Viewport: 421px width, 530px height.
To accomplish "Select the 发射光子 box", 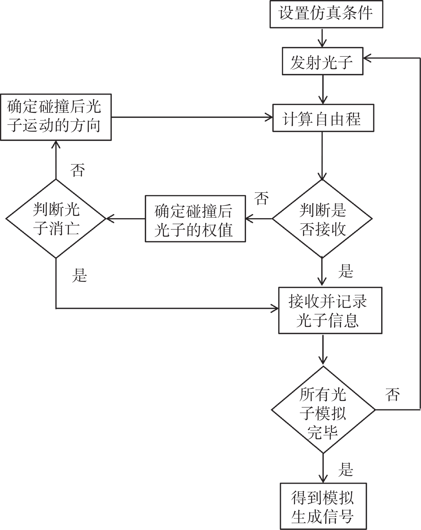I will point(322,61).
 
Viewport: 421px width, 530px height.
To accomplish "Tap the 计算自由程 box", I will point(323,118).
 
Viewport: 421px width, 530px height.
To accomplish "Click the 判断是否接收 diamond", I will point(322,219).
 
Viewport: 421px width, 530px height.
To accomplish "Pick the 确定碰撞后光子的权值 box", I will point(195,219).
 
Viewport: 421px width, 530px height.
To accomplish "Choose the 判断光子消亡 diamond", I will point(56,219).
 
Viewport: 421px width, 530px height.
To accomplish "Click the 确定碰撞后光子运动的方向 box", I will point(56,117).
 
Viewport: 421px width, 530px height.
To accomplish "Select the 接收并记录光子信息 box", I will point(330,310).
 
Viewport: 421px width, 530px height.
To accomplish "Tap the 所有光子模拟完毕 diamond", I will point(323,410).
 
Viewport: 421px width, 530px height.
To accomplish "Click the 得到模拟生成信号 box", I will point(323,506).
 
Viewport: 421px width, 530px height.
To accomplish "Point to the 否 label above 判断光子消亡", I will point(78,170).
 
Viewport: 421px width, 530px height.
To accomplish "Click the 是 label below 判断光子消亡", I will point(79,275).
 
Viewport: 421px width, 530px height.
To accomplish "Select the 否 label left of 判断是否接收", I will point(261,199).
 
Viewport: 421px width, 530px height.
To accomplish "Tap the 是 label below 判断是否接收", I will point(346,271).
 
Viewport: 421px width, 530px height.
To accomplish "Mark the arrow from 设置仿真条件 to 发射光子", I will point(322,38).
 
